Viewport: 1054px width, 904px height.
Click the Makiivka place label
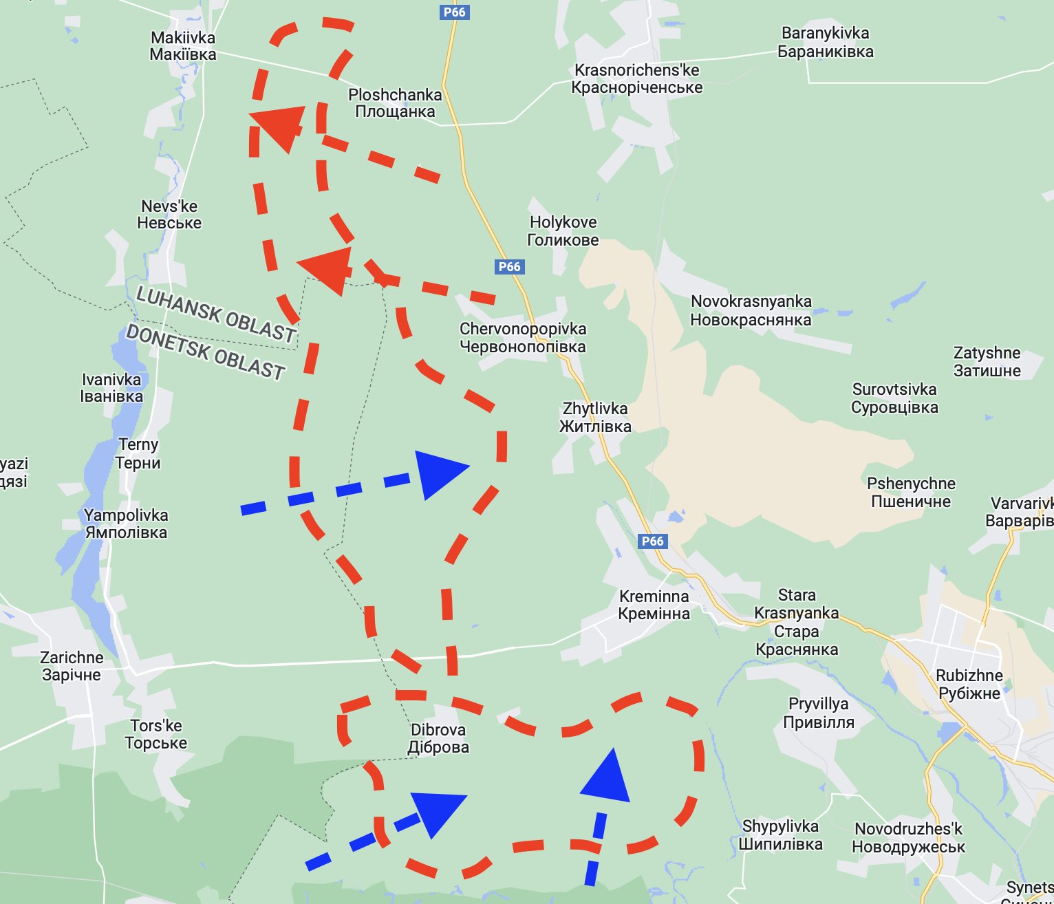coord(183,46)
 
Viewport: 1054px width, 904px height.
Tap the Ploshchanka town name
coord(395,103)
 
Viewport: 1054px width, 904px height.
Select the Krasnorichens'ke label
coord(637,79)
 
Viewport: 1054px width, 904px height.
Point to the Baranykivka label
coord(826,43)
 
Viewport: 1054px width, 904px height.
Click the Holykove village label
coord(563,231)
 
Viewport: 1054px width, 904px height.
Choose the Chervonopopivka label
coord(523,338)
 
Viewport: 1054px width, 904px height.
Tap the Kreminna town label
coord(654,605)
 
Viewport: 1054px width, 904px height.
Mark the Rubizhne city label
coord(969,684)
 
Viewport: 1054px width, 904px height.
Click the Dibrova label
coord(438,738)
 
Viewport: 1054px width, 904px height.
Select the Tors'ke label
coord(156,734)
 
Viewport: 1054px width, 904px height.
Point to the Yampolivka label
coord(126,524)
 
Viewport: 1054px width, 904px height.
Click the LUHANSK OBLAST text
coord(216,314)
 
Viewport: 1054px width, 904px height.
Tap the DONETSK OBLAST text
coord(205,352)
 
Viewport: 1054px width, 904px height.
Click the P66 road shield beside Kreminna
coord(652,541)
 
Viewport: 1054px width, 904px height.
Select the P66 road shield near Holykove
coord(509,267)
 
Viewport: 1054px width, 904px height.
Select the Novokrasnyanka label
coord(751,310)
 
